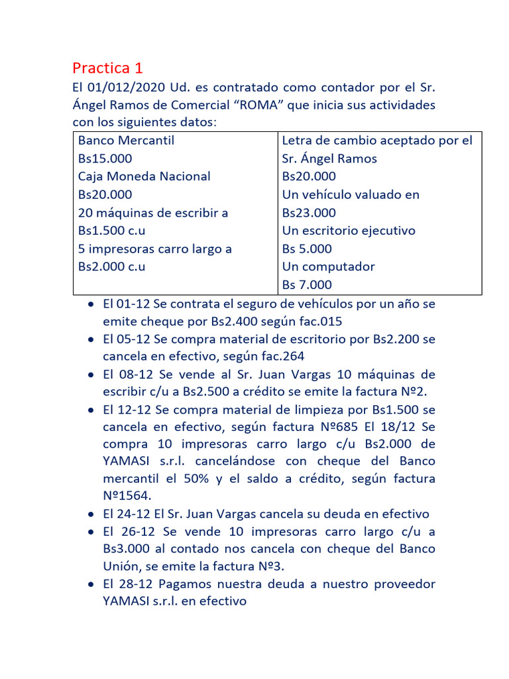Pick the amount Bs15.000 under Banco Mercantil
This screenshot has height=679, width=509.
coord(105,158)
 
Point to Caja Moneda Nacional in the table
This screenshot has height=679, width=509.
coord(144,176)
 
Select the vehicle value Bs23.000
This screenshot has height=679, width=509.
coord(309,213)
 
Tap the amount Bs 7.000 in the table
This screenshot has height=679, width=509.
coord(307,285)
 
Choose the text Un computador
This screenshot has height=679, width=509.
coord(328,267)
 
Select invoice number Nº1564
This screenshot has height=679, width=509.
coord(128,496)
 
